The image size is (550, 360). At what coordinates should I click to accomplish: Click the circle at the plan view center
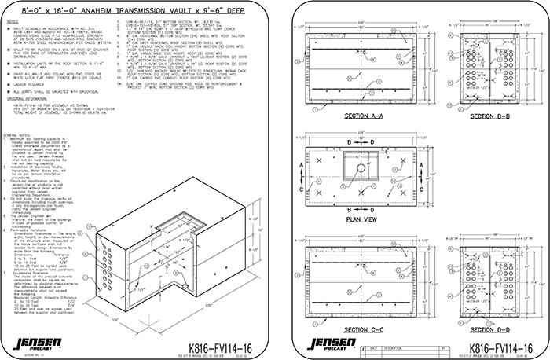tap(361, 169)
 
